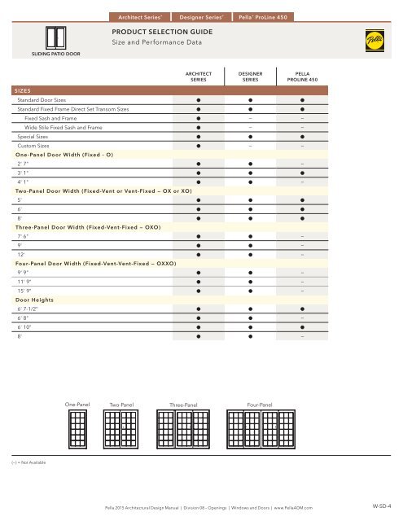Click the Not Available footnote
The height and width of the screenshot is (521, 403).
(x=24, y=461)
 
